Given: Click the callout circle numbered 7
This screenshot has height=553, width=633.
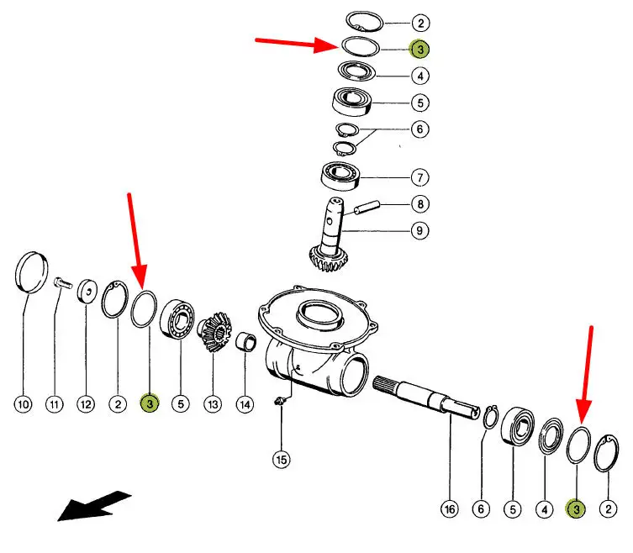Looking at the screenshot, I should (x=419, y=177).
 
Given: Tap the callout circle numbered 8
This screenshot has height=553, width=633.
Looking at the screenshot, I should (x=419, y=203).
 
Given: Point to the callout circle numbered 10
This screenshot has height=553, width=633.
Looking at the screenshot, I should (x=24, y=404).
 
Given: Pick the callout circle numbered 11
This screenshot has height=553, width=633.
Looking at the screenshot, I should (x=55, y=404).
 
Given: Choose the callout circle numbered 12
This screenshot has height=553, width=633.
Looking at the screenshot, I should (x=86, y=404).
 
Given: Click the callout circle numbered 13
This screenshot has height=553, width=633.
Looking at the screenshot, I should (x=213, y=404).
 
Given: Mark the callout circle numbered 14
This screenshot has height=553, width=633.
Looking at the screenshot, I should (x=244, y=404).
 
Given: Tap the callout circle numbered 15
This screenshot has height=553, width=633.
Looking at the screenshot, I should (x=281, y=459).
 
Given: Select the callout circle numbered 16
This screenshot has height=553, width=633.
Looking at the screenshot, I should (x=450, y=508).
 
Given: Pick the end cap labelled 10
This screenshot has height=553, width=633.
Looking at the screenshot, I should (x=31, y=271).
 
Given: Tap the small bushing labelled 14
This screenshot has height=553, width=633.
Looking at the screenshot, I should (x=245, y=342).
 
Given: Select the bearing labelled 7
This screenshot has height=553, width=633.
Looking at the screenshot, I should (x=341, y=177).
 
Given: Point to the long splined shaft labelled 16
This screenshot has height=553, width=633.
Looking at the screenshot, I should (x=420, y=396).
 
